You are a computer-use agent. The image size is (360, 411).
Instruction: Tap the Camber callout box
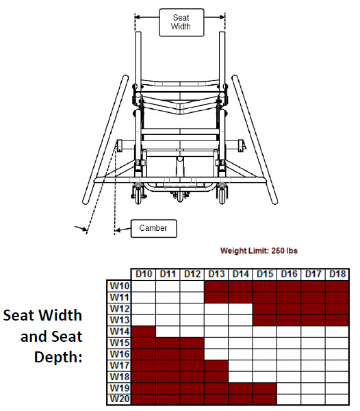point(153,228)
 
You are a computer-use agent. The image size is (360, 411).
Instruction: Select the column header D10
point(143,274)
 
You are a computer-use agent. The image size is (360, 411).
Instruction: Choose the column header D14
point(240,274)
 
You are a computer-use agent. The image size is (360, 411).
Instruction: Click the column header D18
point(337,274)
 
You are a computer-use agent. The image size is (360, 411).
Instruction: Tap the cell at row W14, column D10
point(143,332)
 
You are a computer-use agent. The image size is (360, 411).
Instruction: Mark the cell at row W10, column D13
point(216,285)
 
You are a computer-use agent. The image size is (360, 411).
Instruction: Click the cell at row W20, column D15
point(265,400)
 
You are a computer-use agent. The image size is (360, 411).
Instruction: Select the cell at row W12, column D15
point(265,308)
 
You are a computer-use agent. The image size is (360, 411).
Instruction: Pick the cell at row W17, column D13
point(216,365)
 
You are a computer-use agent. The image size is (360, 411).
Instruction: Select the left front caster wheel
point(140,195)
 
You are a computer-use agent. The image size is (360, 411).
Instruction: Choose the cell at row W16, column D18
point(337,354)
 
